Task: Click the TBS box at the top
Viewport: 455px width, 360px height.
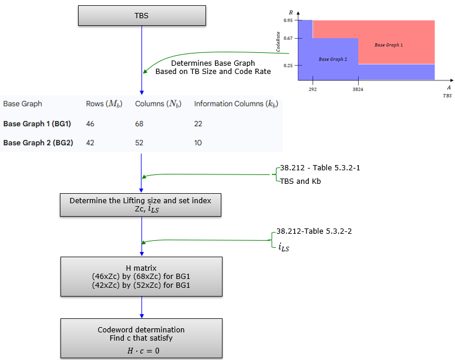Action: tap(141, 16)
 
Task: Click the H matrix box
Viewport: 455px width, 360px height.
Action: tap(141, 277)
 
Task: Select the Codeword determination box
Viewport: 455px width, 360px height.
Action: tap(141, 338)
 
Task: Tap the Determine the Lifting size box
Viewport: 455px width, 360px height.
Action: tap(141, 205)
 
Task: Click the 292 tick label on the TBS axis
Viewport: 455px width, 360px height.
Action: tap(312, 90)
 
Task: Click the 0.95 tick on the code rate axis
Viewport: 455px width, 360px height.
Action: tap(288, 21)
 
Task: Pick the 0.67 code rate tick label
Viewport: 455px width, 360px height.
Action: tap(288, 39)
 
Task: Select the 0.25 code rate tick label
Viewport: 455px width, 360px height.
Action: tap(288, 65)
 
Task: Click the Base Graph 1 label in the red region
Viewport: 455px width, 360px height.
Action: tap(389, 45)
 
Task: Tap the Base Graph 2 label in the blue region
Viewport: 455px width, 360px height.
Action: tap(333, 59)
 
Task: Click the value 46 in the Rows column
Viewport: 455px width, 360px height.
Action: tap(90, 124)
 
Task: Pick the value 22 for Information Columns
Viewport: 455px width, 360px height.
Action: tap(199, 124)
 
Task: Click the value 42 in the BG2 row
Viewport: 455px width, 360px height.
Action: tap(90, 142)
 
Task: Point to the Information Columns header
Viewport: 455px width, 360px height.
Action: tap(235, 104)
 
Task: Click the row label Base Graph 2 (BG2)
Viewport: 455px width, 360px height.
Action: tap(38, 142)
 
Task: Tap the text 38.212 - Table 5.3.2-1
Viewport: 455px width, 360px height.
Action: tap(320, 168)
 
